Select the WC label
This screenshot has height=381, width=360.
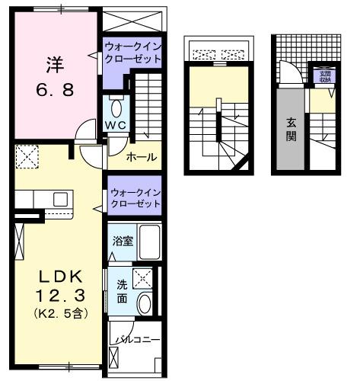point(115,124)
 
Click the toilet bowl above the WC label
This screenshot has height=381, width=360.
point(116,105)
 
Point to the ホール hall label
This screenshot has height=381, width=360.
point(142,157)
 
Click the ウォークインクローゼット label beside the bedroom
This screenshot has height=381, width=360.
point(132,56)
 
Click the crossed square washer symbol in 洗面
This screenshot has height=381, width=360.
point(142,277)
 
